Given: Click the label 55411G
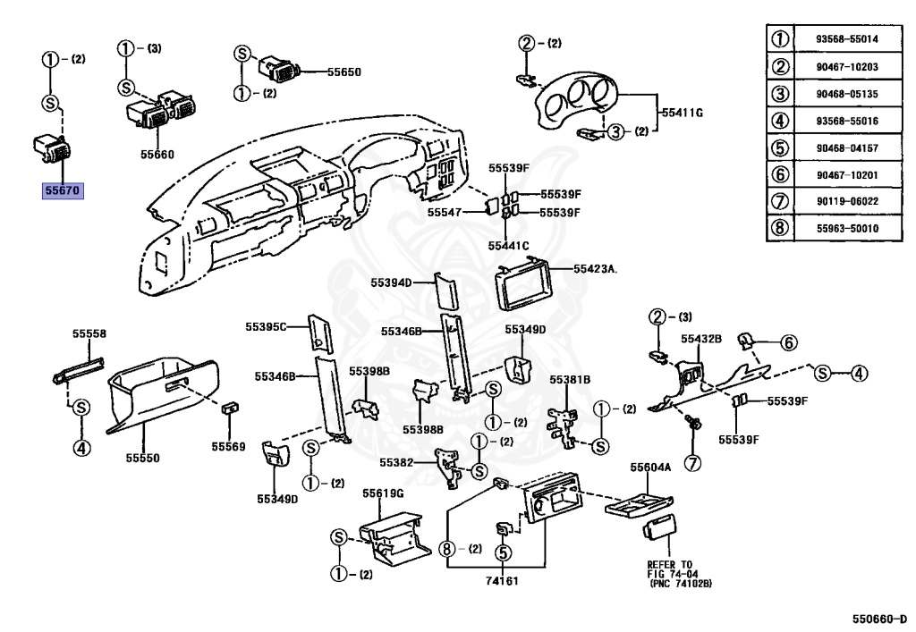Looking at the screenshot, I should click(683, 113).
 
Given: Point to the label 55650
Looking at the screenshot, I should click(343, 71).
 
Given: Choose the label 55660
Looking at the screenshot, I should click(157, 155).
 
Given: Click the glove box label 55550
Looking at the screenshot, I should click(142, 458).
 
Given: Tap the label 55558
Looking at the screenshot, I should click(89, 333).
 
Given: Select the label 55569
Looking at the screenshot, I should click(228, 445).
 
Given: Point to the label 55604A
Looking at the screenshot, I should click(650, 468).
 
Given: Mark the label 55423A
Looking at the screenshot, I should click(596, 267).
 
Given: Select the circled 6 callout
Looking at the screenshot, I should click(788, 342).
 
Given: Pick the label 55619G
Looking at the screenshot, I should click(383, 493).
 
